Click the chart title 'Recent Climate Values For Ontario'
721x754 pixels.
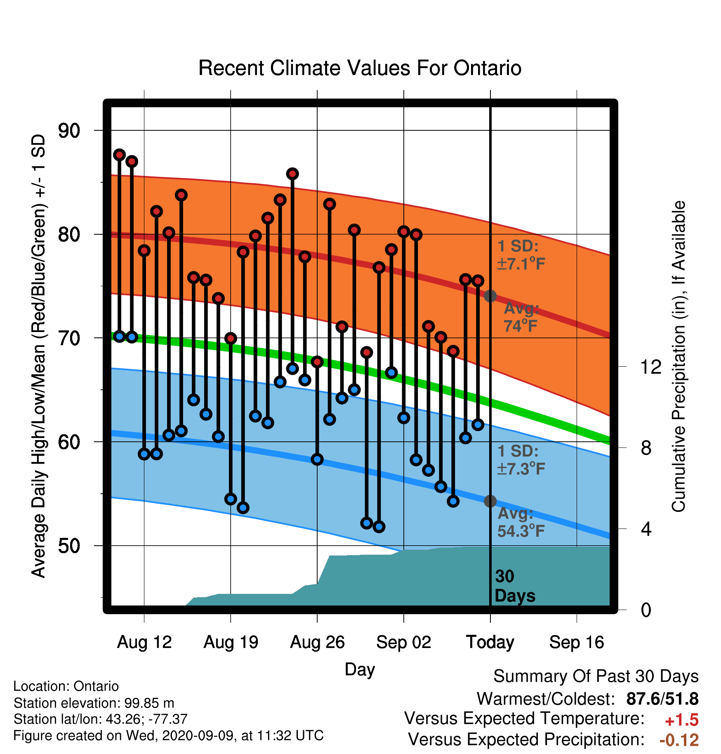click(360, 68)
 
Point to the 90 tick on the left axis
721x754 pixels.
click(69, 131)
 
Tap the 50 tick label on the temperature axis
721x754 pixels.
click(69, 546)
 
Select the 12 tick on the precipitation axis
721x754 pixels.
click(651, 367)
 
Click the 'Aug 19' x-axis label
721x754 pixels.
click(231, 642)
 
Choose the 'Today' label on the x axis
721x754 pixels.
click(490, 642)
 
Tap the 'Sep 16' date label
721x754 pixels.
click(577, 642)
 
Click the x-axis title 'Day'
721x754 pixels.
click(360, 669)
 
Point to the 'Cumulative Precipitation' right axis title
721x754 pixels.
click(679, 356)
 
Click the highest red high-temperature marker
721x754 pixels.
click(119, 155)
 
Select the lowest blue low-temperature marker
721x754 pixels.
click(379, 527)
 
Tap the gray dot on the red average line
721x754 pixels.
click(490, 296)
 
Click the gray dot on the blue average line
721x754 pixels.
click(490, 501)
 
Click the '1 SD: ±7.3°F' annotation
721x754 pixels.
click(521, 460)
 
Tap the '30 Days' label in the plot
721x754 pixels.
click(515, 586)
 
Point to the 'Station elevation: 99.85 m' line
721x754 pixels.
click(94, 703)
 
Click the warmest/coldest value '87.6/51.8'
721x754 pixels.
click(662, 699)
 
